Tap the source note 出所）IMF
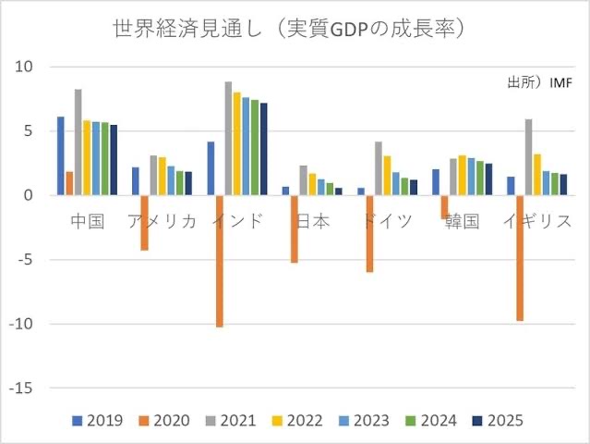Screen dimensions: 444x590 (x=539, y=82)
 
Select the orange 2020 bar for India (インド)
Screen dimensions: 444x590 (x=220, y=261)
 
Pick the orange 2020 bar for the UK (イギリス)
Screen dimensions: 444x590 (x=521, y=258)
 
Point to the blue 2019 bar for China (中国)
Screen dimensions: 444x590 (x=61, y=155)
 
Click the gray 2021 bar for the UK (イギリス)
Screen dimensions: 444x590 (x=529, y=157)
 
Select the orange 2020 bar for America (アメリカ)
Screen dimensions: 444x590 (x=144, y=223)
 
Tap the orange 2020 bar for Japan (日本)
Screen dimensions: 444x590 (x=295, y=229)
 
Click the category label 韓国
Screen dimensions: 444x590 (x=462, y=222)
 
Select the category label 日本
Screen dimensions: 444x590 (x=311, y=222)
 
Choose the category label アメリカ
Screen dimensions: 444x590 (x=162, y=222)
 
